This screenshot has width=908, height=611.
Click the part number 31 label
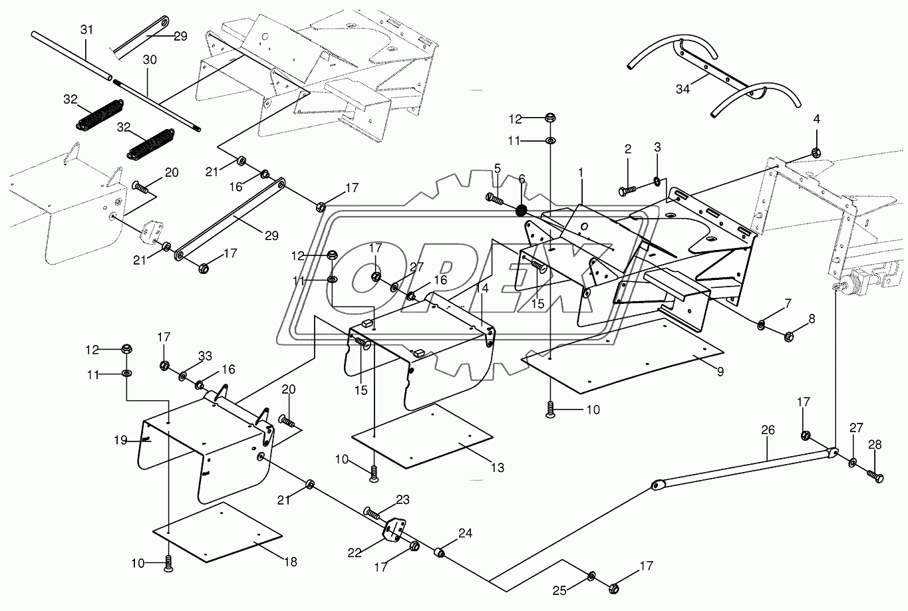(x=86, y=29)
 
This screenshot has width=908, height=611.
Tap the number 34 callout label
(x=683, y=89)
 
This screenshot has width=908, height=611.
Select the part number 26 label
(x=768, y=430)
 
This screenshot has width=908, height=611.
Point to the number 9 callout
(x=720, y=372)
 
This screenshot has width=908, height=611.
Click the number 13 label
(x=498, y=467)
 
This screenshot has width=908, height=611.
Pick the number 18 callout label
(x=291, y=562)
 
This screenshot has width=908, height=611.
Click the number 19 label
(x=120, y=440)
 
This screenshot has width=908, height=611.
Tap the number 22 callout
(x=355, y=553)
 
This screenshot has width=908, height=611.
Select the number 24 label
(x=465, y=533)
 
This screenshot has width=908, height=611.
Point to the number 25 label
(x=559, y=591)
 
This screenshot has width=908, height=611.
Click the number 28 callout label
(x=875, y=445)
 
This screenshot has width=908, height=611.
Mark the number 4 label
(x=816, y=119)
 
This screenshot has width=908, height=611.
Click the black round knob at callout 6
(x=522, y=211)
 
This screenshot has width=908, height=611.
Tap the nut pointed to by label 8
(x=788, y=336)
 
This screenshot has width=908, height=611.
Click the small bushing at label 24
(x=440, y=552)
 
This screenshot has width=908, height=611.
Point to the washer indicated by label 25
(x=591, y=576)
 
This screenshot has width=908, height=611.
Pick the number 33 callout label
(x=205, y=356)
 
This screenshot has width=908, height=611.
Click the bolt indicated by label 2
(x=627, y=189)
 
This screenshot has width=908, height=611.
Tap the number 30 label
(x=150, y=60)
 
